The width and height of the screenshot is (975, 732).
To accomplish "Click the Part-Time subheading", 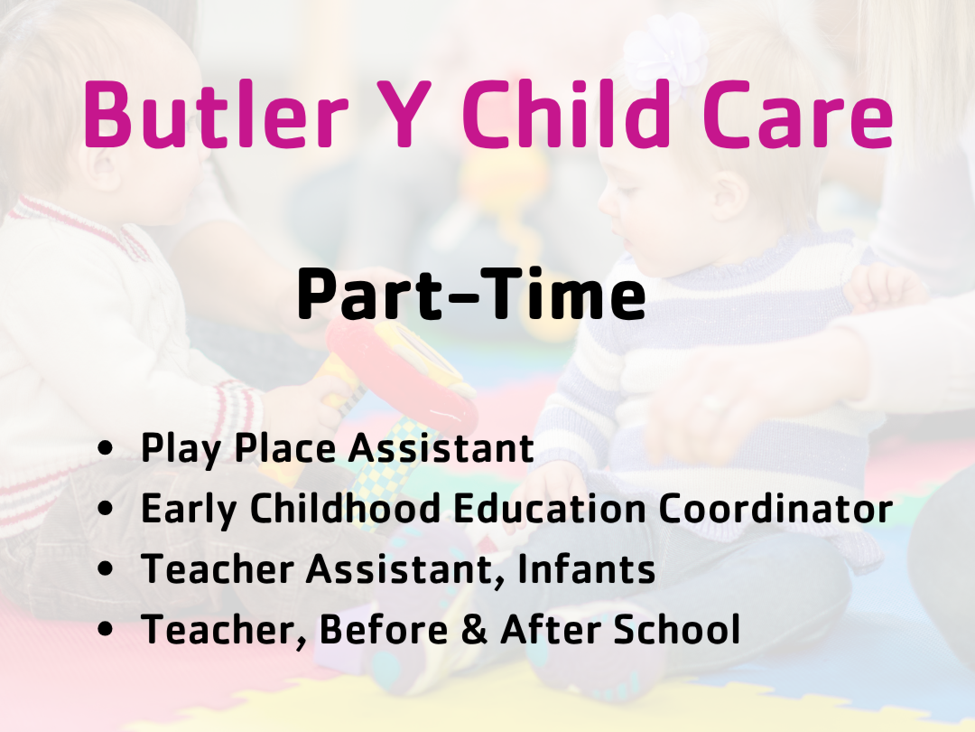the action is point(471,293).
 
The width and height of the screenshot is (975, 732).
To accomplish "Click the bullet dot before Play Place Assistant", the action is point(106,447).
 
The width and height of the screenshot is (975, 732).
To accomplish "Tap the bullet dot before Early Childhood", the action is point(106,508).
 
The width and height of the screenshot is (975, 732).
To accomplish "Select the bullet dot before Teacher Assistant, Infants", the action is point(106,568).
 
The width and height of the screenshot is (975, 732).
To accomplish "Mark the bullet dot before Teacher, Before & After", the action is point(106,629).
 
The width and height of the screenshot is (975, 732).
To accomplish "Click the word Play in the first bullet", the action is point(181,449).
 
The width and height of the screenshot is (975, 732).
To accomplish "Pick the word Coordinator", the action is point(775,508).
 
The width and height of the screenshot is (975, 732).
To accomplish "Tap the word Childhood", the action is point(345,508).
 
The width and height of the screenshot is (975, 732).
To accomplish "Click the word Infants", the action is point(587,568).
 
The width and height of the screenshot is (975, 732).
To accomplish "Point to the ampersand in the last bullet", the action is point(474,629).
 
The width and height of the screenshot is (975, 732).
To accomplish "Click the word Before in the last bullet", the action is point(384,629).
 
